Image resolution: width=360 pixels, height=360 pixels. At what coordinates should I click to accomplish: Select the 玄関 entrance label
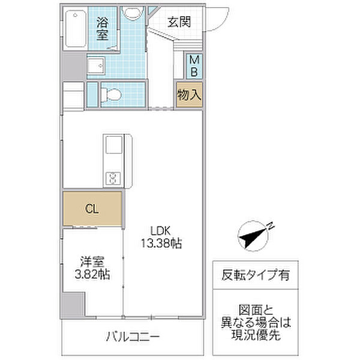pyautogui.click(x=178, y=22)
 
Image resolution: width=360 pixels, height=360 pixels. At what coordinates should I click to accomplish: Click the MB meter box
pyautogui.click(x=195, y=66)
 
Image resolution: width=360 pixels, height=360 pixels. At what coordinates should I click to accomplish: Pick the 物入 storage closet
pyautogui.click(x=188, y=96)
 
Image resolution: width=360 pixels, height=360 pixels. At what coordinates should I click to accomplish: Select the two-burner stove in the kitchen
pyautogui.click(x=113, y=176)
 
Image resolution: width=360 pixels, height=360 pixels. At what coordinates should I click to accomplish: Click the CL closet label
pyautogui.click(x=92, y=209)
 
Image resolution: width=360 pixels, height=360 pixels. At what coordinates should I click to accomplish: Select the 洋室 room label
pyautogui.click(x=91, y=262)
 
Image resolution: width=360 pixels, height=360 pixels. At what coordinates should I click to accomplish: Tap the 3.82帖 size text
pyautogui.click(x=91, y=275)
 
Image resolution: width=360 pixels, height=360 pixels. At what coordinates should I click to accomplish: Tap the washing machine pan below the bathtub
pyautogui.click(x=97, y=65)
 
